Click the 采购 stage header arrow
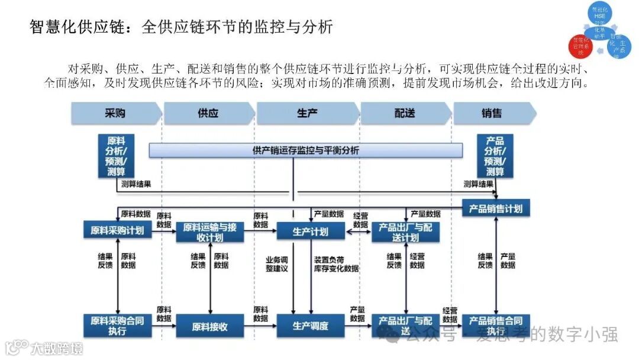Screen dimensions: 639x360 point(116,112)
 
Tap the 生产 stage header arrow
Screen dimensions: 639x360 point(307,112)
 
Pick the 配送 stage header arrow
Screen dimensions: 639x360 point(405,112)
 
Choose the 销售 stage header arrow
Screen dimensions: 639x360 point(493,112)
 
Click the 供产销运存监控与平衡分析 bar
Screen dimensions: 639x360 point(305,150)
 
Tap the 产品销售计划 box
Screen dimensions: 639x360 point(496,209)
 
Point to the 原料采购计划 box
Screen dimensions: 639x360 point(117,231)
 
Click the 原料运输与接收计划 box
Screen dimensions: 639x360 point(210,232)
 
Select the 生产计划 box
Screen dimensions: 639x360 point(311,231)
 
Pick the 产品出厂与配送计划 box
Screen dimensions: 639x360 point(406,232)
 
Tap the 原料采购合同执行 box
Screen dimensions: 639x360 point(117,326)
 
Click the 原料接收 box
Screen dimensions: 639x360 point(210,326)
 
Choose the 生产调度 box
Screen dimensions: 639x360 point(311,326)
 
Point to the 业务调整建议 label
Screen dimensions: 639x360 point(276,263)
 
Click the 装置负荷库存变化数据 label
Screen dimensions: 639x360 point(336,263)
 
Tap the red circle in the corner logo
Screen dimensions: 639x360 point(581,46)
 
